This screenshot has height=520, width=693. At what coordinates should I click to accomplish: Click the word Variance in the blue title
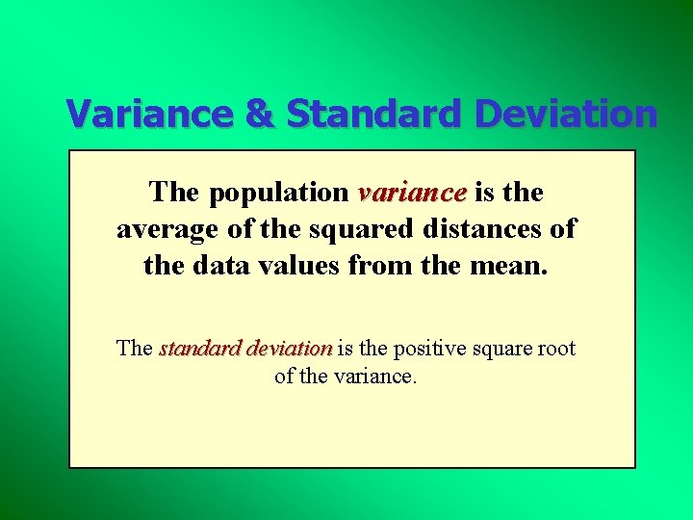[150, 114]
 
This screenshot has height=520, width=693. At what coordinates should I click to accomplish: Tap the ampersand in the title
[260, 114]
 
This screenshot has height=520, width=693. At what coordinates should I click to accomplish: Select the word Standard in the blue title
[375, 114]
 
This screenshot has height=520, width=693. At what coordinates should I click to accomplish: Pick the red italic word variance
[412, 193]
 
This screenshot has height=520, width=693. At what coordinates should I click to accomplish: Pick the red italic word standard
[199, 349]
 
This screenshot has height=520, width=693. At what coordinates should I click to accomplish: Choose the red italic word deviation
[289, 349]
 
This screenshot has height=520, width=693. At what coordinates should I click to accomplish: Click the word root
[555, 349]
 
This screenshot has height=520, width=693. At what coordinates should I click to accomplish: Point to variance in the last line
[374, 377]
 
